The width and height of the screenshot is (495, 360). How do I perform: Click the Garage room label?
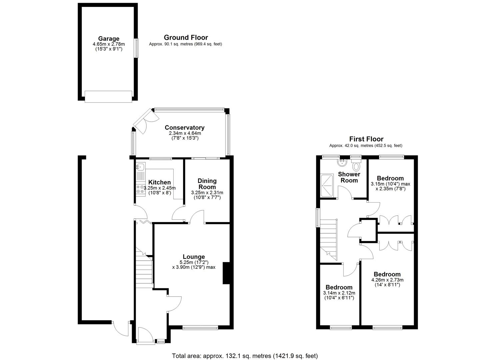109,39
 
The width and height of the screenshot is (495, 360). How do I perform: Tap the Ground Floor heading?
186,38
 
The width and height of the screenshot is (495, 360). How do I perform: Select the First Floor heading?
366,139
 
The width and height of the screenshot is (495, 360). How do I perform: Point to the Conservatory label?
185,128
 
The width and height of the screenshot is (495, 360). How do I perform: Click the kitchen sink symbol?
141,167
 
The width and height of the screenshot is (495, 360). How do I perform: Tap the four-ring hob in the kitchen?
141,189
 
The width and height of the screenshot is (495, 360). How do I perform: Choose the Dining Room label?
207,184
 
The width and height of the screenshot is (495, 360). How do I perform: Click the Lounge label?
194,257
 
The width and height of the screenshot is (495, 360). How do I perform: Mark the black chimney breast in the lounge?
227,273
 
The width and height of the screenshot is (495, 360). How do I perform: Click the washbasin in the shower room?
342,163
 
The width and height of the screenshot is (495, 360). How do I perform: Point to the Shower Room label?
349,177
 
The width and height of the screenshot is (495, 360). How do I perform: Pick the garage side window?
137,48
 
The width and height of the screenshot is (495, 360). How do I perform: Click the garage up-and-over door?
109,97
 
